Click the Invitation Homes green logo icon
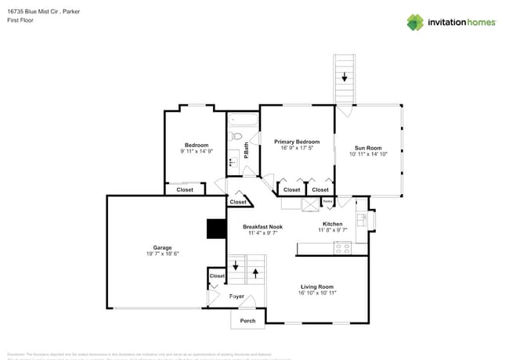(415, 22)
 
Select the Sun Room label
(368, 148)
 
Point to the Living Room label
(317, 286)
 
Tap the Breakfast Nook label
(262, 226)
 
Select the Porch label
(247, 321)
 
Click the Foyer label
(236, 297)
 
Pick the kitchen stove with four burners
(342, 248)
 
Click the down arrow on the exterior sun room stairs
(344, 77)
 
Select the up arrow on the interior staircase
(256, 274)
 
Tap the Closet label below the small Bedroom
(185, 189)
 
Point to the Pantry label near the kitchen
(328, 202)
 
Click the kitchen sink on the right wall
(361, 219)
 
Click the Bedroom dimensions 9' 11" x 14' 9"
(197, 151)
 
